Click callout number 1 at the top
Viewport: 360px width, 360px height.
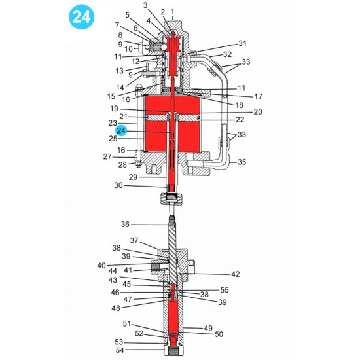[x=172, y=12]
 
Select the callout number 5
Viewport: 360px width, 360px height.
[x=126, y=15]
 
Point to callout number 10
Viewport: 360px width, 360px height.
[x=128, y=49]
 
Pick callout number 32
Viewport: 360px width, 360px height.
[x=226, y=54]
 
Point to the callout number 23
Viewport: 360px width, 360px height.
[x=113, y=122]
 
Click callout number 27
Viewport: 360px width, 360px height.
[x=107, y=157]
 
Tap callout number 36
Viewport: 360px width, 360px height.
[x=125, y=225]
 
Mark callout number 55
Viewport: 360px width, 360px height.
[x=225, y=289]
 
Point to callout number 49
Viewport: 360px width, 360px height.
[x=209, y=328]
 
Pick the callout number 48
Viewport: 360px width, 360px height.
[x=115, y=308]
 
